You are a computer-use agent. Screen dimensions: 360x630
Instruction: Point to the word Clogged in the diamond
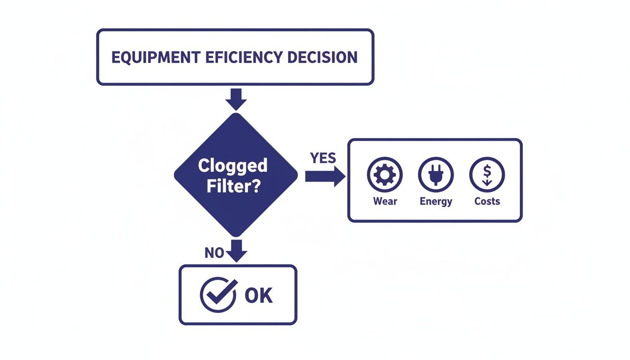(232, 165)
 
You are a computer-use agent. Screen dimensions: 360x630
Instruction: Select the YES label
(323, 158)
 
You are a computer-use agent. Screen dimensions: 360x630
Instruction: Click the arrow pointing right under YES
(325, 176)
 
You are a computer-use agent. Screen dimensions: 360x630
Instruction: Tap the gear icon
(385, 174)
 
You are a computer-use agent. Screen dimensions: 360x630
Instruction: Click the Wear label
(385, 202)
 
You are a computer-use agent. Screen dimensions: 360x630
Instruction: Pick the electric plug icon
(436, 174)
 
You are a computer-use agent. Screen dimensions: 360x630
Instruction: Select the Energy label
(436, 202)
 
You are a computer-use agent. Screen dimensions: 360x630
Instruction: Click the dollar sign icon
(487, 174)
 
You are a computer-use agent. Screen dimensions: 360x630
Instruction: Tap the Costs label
(487, 202)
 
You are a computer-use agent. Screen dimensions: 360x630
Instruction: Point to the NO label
(214, 253)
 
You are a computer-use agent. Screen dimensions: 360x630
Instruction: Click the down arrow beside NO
(237, 251)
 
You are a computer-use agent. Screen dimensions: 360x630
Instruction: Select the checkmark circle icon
(218, 295)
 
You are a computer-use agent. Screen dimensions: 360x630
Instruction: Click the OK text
(258, 295)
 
